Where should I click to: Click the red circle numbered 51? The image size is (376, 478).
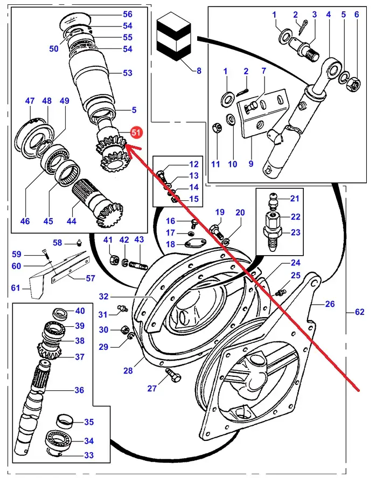point(136,132)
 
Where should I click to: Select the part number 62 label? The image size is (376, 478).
point(359,312)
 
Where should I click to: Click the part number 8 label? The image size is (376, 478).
point(199,71)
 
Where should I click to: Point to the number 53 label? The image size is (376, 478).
point(128,73)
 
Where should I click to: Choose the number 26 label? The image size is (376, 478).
point(330,304)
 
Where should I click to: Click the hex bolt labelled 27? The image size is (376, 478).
point(172,375)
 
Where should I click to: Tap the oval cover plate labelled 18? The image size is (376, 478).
point(195,243)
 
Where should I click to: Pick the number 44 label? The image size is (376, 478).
point(71,221)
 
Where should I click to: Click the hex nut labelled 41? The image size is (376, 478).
point(115,260)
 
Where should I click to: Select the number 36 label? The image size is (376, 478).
point(79,390)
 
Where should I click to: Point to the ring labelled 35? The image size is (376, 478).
point(66,421)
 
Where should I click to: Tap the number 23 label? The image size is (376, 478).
point(296,233)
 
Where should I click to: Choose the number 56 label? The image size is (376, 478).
point(128,14)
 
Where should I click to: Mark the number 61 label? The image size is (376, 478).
point(16,287)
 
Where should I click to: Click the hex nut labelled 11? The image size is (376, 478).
point(217,128)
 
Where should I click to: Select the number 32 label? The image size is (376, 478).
point(103,296)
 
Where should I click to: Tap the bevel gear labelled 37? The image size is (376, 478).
point(50,351)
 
